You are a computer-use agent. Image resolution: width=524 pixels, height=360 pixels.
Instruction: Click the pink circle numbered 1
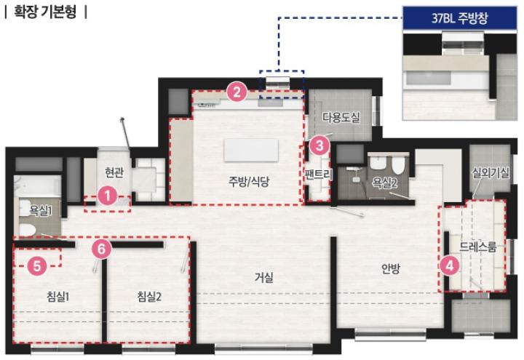click(x=108, y=196)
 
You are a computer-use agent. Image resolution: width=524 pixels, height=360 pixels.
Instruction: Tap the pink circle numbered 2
click(x=237, y=92)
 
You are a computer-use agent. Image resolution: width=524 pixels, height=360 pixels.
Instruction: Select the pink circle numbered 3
click(x=319, y=145)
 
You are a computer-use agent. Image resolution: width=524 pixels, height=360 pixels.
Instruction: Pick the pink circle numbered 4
click(x=450, y=266)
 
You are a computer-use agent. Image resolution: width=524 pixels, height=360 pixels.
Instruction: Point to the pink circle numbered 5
click(x=37, y=266)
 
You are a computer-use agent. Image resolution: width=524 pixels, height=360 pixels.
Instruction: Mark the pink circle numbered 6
click(x=102, y=249)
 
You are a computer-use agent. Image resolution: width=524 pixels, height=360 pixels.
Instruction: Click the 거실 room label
click(x=264, y=277)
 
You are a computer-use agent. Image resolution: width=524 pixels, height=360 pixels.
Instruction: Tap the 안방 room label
click(x=391, y=268)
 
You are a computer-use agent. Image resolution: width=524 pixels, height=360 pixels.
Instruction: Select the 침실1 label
click(x=58, y=296)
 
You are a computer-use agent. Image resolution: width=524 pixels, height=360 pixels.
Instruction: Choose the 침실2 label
click(x=149, y=296)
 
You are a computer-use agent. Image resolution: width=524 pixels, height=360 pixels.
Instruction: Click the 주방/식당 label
click(x=249, y=181)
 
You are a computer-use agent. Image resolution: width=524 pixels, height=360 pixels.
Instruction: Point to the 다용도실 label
click(x=341, y=117)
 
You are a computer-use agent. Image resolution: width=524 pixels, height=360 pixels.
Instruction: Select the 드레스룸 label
click(x=478, y=247)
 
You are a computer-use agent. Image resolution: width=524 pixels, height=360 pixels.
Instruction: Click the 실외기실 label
click(x=491, y=172)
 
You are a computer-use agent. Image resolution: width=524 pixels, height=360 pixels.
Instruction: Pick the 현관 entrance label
click(x=114, y=172)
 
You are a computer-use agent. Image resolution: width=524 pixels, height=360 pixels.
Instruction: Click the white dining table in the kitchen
click(x=251, y=151)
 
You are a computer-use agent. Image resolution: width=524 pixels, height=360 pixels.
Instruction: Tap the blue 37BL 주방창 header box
click(x=460, y=17)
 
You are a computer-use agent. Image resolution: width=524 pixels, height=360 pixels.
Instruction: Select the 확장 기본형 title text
click(x=45, y=12)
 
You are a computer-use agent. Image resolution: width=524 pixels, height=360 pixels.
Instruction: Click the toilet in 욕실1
click(x=26, y=229)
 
